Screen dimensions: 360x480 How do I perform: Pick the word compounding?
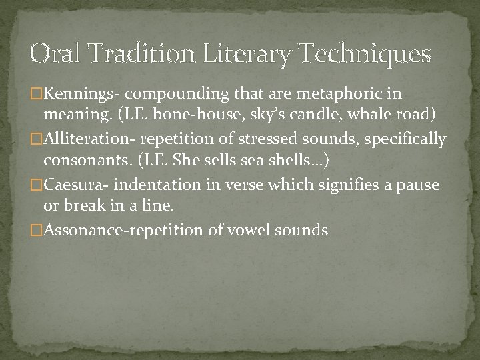point(161,95)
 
